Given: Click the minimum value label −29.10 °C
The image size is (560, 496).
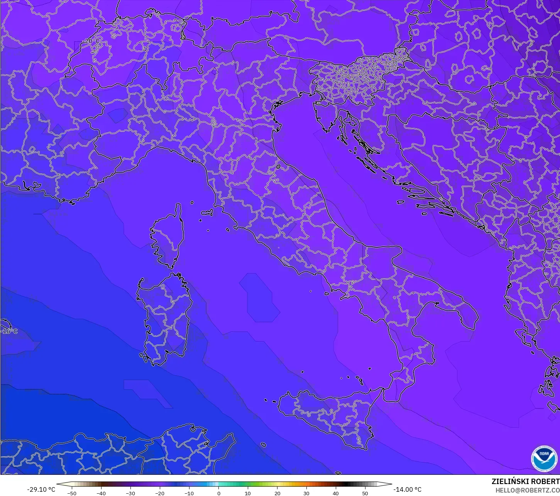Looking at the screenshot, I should pos(41,489).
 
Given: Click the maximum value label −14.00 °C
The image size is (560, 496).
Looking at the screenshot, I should pos(407,489).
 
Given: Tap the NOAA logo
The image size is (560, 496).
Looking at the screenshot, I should pos(544,459).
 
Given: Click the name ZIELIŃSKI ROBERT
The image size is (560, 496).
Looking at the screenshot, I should pos(525,481).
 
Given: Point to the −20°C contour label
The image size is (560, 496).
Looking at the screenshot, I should pos(91,41).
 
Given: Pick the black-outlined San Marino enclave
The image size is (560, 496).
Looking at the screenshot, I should pos(278,167).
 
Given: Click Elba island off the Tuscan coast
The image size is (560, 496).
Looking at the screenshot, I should pos(207,212).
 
